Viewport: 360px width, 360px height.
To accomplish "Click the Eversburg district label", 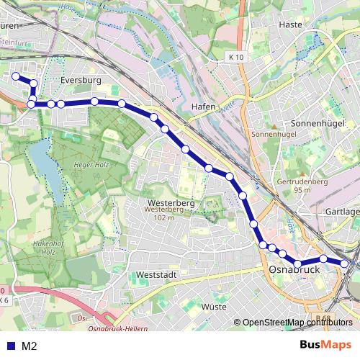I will click(81, 81).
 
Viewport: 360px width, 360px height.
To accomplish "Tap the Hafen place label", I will click(204, 107).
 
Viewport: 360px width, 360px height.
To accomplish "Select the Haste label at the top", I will click(289, 24).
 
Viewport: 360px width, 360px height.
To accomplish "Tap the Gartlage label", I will click(341, 212).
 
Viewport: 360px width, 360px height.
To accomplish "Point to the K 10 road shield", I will click(235, 57).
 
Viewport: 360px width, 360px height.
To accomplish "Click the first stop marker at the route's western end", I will click(16, 76).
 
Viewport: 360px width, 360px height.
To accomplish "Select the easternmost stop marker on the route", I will click(345, 264).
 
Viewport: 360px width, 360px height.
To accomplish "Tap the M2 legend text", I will click(30, 346).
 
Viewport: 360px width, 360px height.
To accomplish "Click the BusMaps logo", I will click(326, 345).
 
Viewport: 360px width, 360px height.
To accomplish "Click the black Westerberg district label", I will click(170, 203).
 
